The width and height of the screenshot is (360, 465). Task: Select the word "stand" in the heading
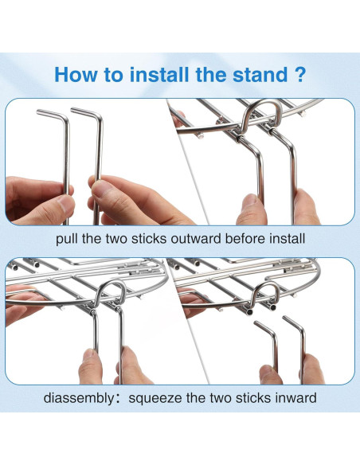click(260, 74)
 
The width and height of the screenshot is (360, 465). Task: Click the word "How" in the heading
click(76, 74)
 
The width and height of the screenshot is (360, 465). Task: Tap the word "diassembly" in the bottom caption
click(78, 398)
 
